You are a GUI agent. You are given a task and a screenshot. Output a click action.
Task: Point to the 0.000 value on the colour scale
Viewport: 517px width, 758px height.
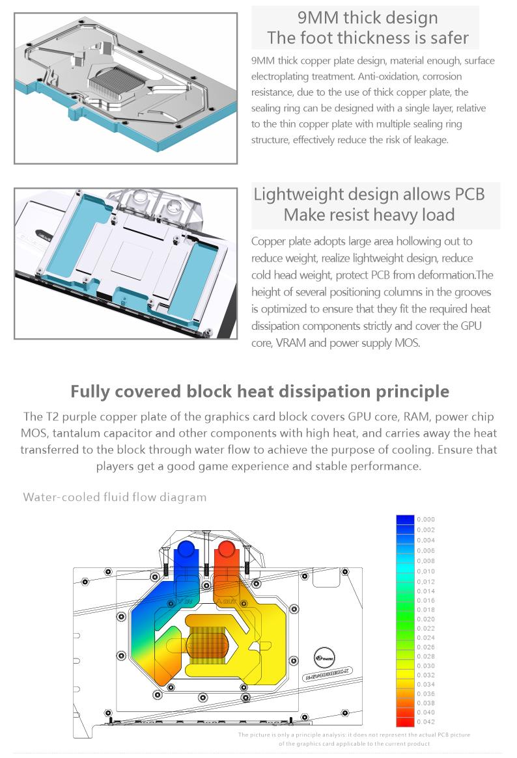[x=425, y=519]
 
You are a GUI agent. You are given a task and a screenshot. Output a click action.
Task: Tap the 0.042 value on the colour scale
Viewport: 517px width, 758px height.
[x=425, y=722]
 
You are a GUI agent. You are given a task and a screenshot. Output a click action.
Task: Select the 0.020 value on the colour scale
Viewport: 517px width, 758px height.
[x=425, y=619]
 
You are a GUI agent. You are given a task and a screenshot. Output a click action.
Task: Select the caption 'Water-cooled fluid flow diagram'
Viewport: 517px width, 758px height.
[x=115, y=497]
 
